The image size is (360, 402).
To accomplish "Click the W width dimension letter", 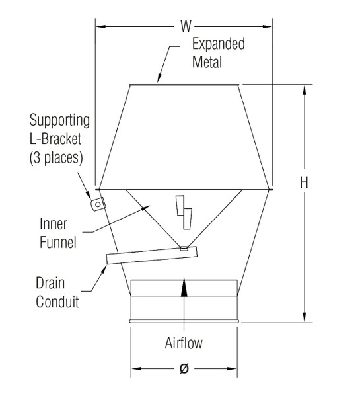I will (x=186, y=26).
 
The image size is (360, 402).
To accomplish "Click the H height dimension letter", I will (x=304, y=183).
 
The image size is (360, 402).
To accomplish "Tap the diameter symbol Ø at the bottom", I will (x=184, y=370).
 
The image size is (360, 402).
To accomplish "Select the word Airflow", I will (x=184, y=344).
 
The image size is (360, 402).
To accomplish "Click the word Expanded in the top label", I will (x=218, y=44).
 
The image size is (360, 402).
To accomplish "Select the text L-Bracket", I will (x=59, y=140).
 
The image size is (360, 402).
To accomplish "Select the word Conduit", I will (x=57, y=302).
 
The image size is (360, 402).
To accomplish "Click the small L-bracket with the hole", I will (x=97, y=204).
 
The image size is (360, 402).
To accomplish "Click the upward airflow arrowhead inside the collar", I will (x=184, y=284).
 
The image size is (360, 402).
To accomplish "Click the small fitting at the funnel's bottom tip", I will (x=184, y=249).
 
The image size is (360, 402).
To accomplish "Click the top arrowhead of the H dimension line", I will (x=305, y=90).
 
